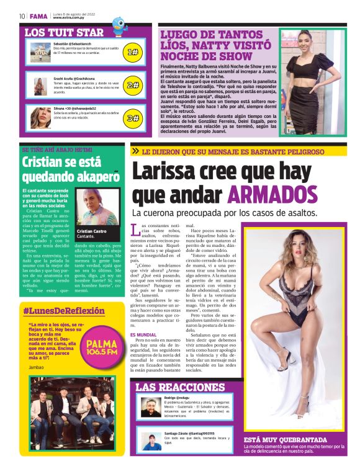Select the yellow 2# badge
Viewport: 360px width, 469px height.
click(132, 85)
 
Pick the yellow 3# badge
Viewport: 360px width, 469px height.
click(132, 118)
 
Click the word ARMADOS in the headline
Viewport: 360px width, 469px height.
click(272, 194)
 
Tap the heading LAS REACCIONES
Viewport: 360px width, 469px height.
click(180, 387)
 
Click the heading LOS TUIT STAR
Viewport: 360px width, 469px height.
click(64, 32)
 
